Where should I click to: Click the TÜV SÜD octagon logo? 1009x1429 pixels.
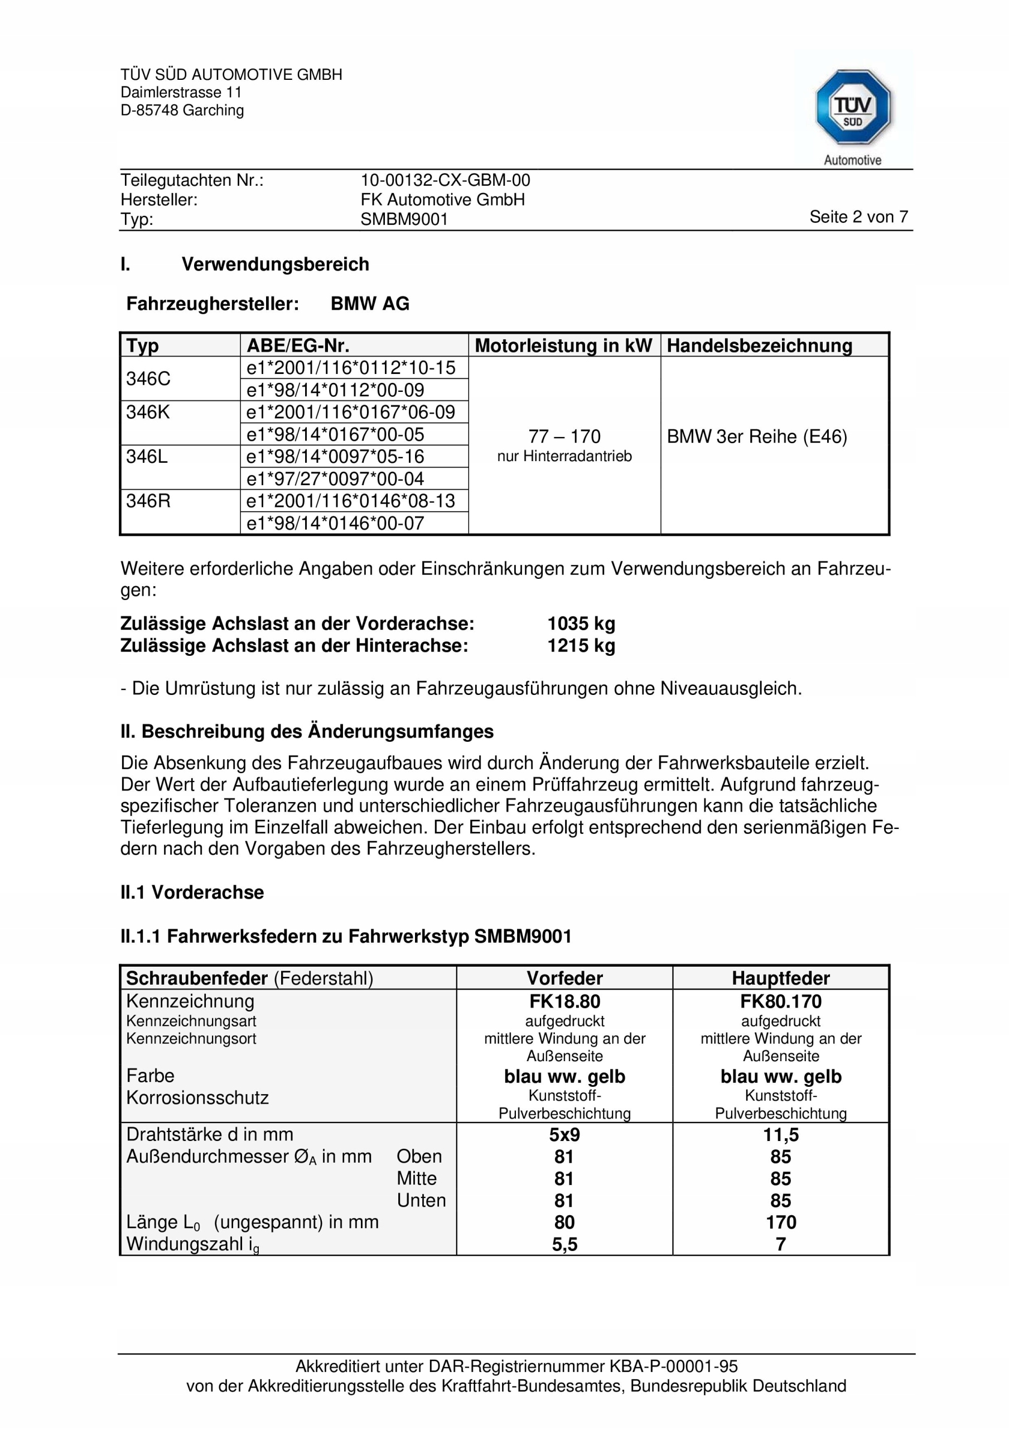click(x=852, y=108)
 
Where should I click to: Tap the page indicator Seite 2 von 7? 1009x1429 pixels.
click(x=858, y=217)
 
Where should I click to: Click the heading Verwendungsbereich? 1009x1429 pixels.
click(x=275, y=264)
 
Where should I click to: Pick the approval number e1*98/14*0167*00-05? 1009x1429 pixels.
click(x=335, y=434)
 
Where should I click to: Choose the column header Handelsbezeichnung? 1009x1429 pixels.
click(x=759, y=346)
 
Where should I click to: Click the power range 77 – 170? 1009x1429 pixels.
click(x=564, y=437)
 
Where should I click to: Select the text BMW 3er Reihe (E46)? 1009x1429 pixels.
click(x=756, y=437)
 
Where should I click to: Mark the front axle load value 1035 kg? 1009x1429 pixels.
click(x=581, y=623)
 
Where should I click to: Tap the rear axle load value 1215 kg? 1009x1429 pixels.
click(x=581, y=645)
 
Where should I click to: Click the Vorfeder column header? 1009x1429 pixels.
click(x=564, y=978)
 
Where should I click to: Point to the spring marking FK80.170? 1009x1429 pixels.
click(x=780, y=1001)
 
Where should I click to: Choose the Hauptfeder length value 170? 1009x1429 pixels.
click(x=781, y=1222)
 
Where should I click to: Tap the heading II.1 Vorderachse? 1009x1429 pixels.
click(x=192, y=892)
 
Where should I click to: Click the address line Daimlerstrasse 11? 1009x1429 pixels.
click(x=181, y=93)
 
